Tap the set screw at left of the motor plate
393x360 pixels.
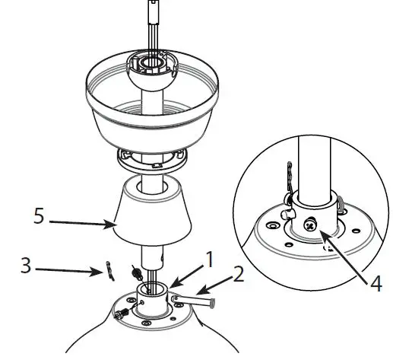click(x=121, y=315)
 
